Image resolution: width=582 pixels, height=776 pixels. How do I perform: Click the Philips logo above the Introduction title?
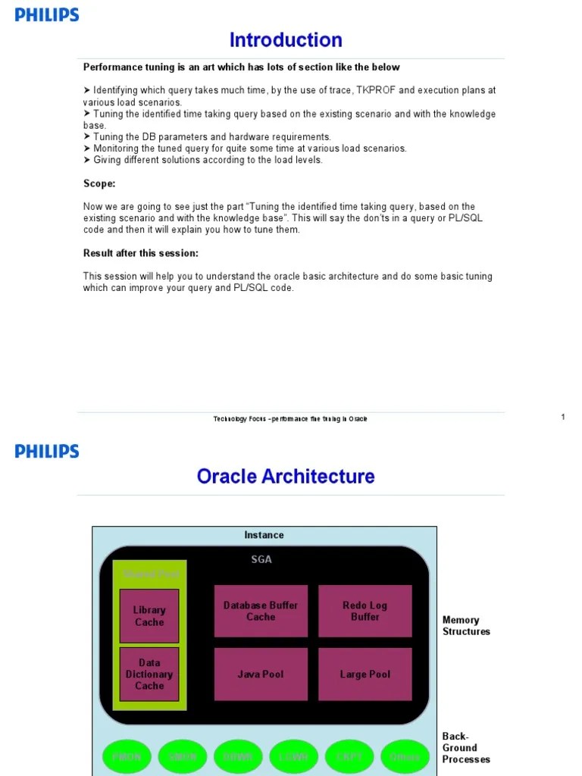coord(47,14)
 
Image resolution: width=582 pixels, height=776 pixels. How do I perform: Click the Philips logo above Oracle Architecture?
coord(47,451)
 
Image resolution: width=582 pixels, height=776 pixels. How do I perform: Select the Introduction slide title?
coord(286,39)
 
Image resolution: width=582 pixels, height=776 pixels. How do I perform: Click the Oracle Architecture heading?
coord(286,476)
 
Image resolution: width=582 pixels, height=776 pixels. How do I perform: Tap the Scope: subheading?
coord(99,183)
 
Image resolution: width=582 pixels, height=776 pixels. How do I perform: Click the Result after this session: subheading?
coord(141,253)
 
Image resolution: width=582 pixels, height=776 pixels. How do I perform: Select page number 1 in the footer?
coord(563,417)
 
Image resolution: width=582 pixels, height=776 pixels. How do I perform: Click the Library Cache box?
coord(149,615)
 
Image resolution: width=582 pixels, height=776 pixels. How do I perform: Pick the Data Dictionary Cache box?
coord(149,674)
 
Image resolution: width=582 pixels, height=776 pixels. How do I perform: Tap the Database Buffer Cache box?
coord(261,611)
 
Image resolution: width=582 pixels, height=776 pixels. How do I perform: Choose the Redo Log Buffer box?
coord(365,611)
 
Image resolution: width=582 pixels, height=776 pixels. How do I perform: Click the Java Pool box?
coord(261,674)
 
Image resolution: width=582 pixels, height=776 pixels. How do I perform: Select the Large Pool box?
coord(365,674)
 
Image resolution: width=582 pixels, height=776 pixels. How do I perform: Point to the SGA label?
coord(261,559)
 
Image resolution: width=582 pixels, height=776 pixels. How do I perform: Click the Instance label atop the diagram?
coord(264,535)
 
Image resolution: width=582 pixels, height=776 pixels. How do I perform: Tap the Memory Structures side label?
coord(466,625)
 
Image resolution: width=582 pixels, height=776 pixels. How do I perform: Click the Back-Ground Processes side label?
coord(466,747)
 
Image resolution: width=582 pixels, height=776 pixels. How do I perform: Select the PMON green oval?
coord(127,757)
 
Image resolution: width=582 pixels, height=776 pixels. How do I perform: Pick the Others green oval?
coord(405,757)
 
